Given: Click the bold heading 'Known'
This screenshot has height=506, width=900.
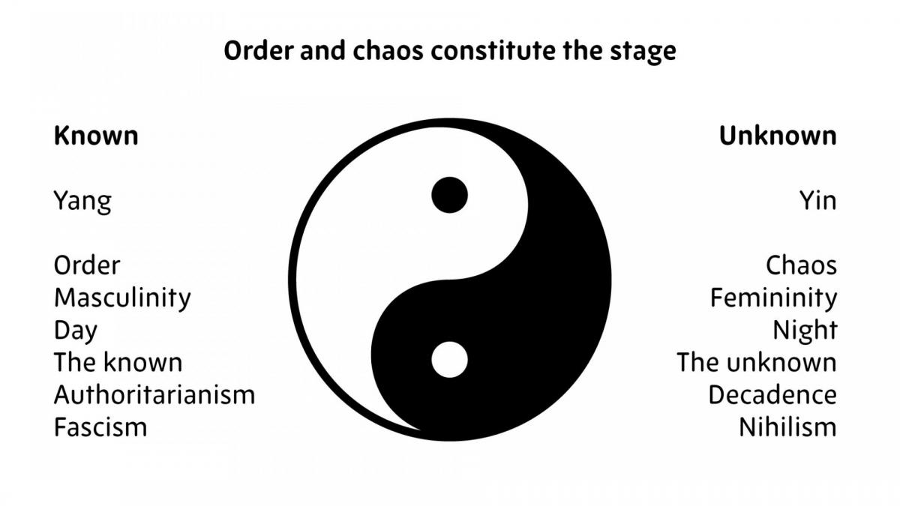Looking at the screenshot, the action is click(x=96, y=136).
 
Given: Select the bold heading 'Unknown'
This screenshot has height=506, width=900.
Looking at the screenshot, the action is click(x=778, y=136).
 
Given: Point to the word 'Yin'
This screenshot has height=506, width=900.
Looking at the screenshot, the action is click(x=817, y=200).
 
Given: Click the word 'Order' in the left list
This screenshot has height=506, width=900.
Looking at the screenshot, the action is click(x=87, y=265).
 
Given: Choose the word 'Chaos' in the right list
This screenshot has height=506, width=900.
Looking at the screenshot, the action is click(x=801, y=265).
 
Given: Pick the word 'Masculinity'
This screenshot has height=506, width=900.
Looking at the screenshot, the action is click(x=122, y=299).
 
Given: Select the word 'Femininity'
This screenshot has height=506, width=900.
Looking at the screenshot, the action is click(x=773, y=299).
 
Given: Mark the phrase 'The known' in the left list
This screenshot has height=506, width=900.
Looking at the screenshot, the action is click(x=118, y=362).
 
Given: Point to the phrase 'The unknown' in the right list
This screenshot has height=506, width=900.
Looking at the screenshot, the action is click(x=757, y=362).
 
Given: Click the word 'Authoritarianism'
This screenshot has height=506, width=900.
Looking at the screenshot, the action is click(x=154, y=395).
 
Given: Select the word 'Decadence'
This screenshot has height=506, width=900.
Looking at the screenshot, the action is click(x=772, y=395).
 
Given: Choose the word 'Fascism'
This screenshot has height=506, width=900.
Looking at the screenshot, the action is click(x=100, y=427).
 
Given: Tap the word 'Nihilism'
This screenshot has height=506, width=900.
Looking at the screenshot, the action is click(x=787, y=427).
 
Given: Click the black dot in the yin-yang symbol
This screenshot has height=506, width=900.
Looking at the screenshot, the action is click(x=449, y=195).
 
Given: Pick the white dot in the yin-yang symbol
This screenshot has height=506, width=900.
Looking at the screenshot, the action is click(x=449, y=359).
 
